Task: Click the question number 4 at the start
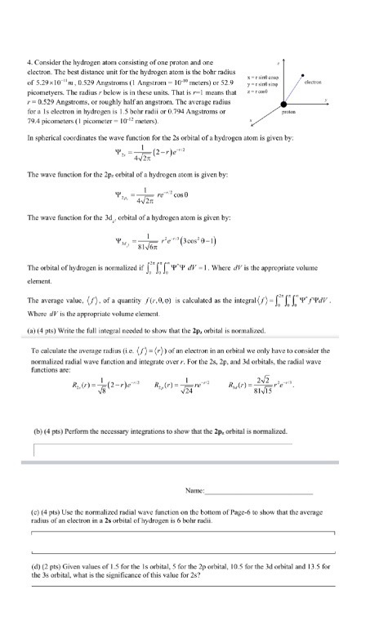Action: coord(29,64)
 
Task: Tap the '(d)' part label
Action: coord(33,561)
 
